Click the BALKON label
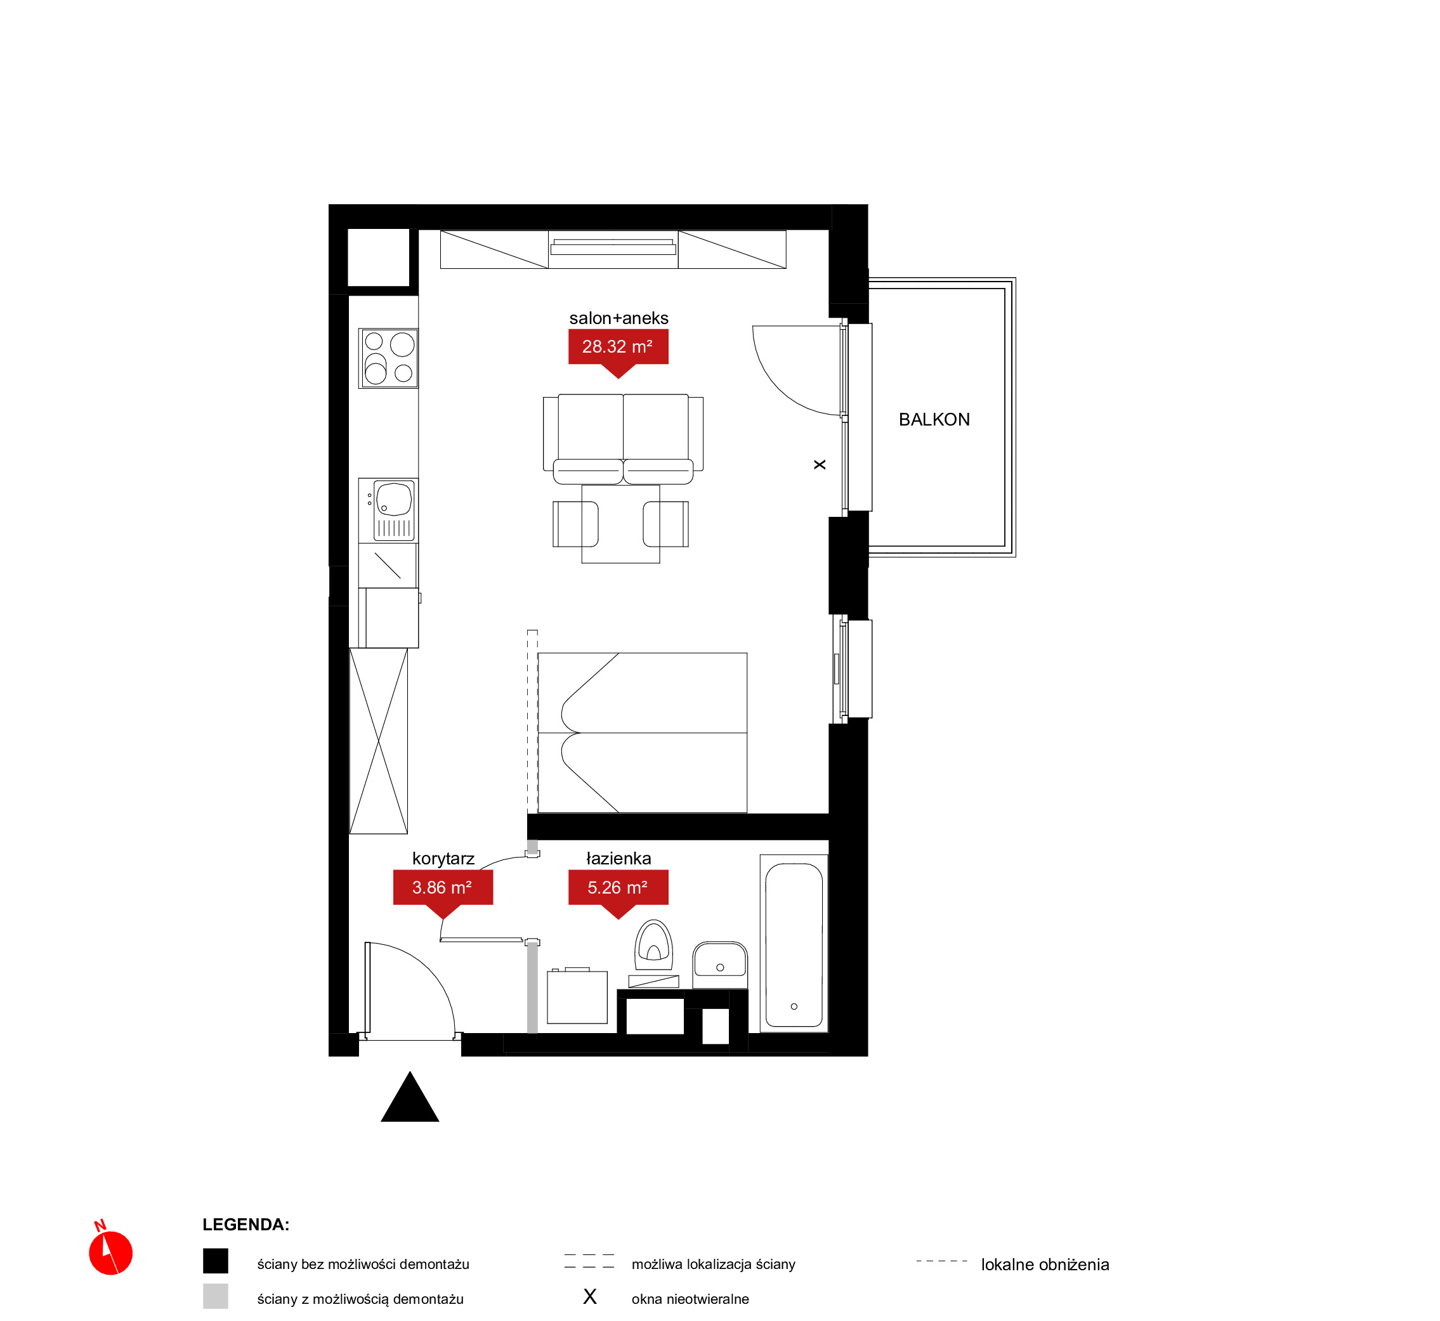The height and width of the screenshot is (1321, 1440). tap(934, 420)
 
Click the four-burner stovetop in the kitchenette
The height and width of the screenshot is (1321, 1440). tap(388, 358)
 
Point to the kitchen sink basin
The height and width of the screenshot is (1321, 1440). tap(394, 499)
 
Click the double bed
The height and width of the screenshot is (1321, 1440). tap(642, 732)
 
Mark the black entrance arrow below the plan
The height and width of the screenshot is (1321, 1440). tap(410, 1097)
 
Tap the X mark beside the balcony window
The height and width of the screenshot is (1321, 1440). tap(820, 465)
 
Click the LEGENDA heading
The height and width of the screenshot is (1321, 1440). tap(246, 1225)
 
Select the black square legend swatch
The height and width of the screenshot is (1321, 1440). tap(215, 1261)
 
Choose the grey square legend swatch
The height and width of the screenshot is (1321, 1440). tap(215, 1296)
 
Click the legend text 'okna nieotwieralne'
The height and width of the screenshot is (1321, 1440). tap(690, 1299)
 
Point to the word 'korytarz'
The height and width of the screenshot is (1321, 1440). tap(443, 859)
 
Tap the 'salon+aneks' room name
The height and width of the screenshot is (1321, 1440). tap(619, 318)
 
